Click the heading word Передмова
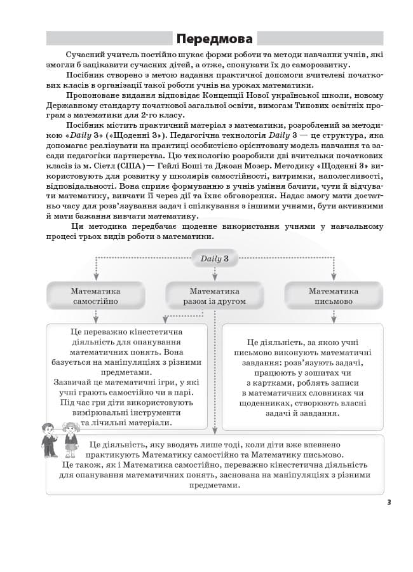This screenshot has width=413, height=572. pyautogui.click(x=215, y=39)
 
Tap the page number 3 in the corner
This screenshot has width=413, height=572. pyautogui.click(x=389, y=502)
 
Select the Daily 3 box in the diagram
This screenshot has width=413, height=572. pyautogui.click(x=215, y=259)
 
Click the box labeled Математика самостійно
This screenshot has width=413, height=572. pyautogui.click(x=95, y=296)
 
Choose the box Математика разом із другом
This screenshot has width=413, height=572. pyautogui.click(x=215, y=296)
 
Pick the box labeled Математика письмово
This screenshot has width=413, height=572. pyautogui.click(x=334, y=296)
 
